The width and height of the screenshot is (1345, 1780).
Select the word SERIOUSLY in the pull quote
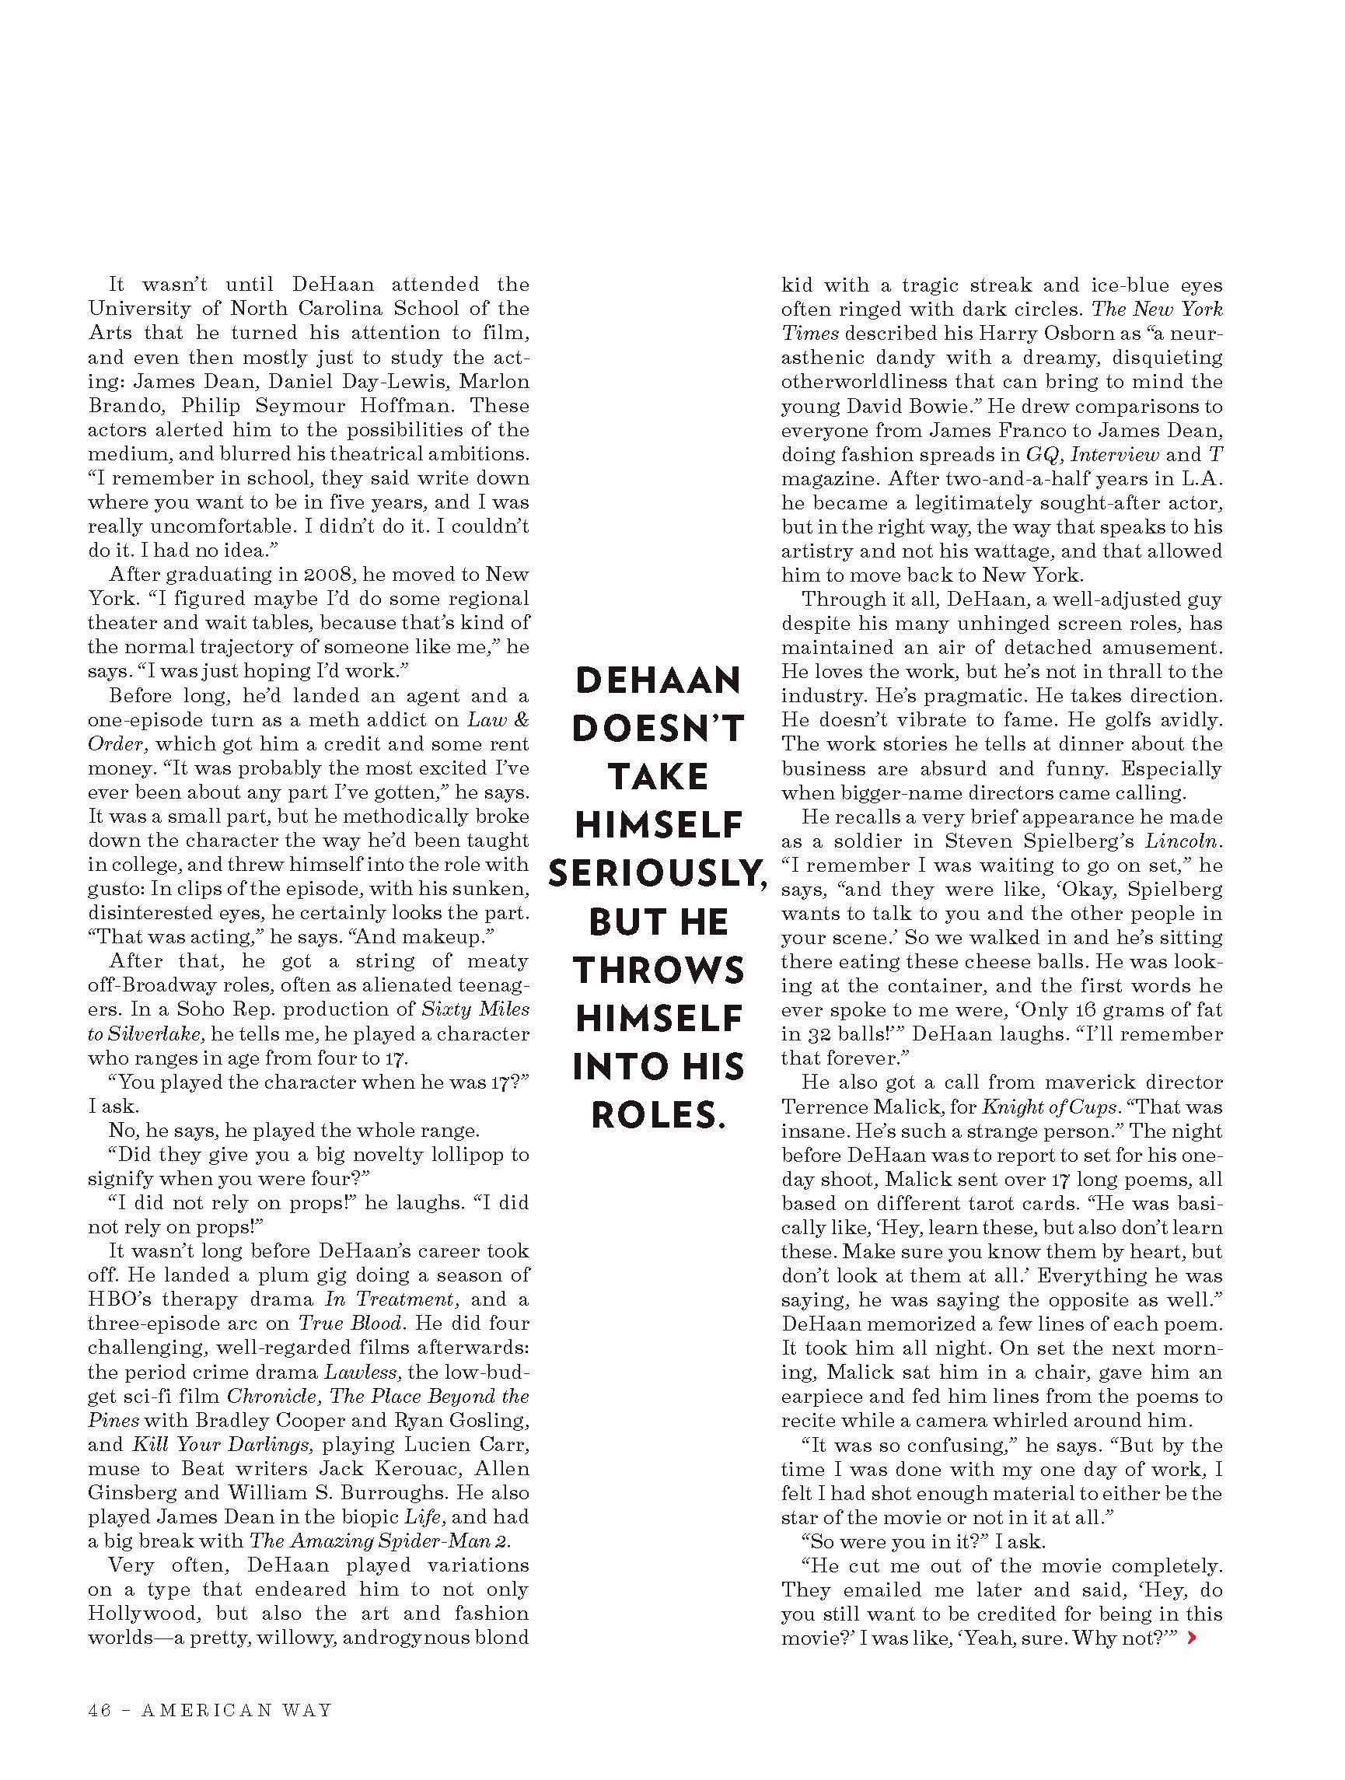pos(658,874)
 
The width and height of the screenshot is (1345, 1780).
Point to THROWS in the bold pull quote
pos(658,970)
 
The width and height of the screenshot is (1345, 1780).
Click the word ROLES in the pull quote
pos(658,1115)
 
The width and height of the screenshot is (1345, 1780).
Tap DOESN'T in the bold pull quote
pos(658,729)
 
